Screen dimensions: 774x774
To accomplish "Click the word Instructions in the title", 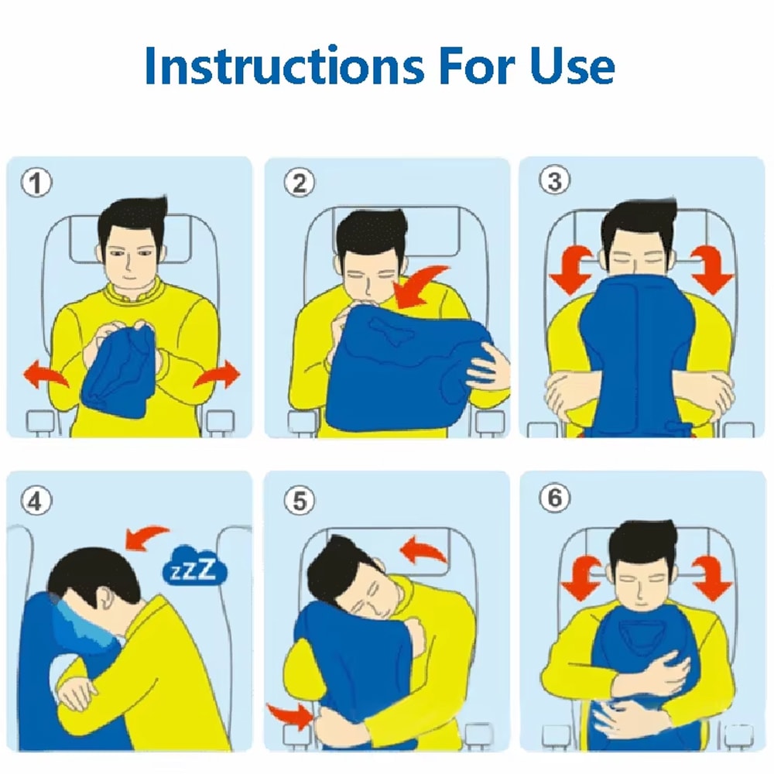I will pos(283,66).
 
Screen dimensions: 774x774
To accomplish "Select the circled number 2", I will pos(299,184).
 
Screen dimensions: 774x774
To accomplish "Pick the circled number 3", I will pos(553,181).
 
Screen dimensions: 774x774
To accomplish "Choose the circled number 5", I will pos(299,502).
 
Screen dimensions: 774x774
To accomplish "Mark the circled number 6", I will pos(553,499).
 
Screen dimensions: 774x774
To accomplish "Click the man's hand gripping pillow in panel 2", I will pos(488,364).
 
